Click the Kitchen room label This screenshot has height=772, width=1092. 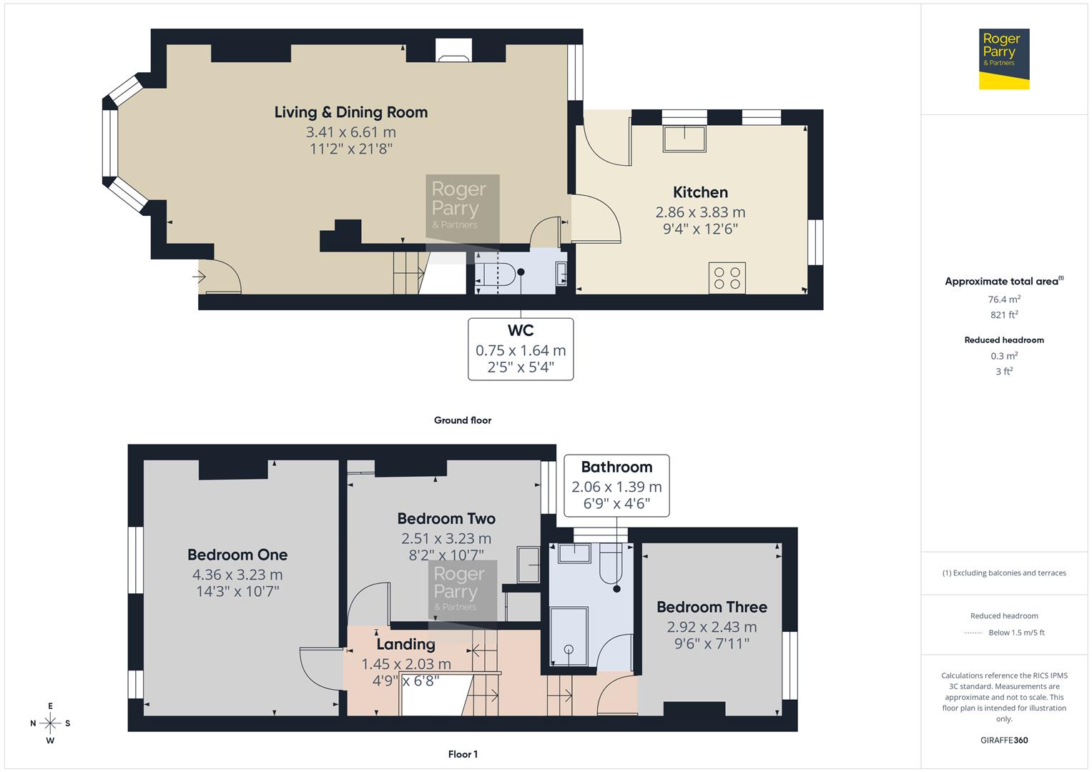click(x=700, y=192)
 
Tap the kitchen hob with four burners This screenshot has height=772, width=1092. click(x=727, y=278)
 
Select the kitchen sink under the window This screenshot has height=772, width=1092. click(x=684, y=138)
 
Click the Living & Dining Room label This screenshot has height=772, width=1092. click(x=350, y=112)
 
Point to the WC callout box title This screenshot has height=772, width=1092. click(x=520, y=331)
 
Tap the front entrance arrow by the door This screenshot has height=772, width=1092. click(x=200, y=275)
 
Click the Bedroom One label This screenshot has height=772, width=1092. click(x=237, y=555)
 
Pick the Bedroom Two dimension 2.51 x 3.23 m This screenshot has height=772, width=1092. click(x=446, y=539)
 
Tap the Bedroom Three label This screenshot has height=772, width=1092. click(x=712, y=607)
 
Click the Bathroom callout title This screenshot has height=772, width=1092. click(x=616, y=467)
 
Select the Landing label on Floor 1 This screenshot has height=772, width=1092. click(x=405, y=644)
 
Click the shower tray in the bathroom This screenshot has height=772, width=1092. click(x=569, y=637)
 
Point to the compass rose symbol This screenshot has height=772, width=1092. click(x=50, y=723)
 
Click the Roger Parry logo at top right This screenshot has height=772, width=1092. click(x=1003, y=59)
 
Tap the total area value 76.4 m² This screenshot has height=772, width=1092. click(x=1003, y=300)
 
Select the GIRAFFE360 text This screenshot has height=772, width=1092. click(x=1003, y=740)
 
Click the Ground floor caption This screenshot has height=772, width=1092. click(x=462, y=420)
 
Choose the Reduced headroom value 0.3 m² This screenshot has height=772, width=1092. click(x=1003, y=356)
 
